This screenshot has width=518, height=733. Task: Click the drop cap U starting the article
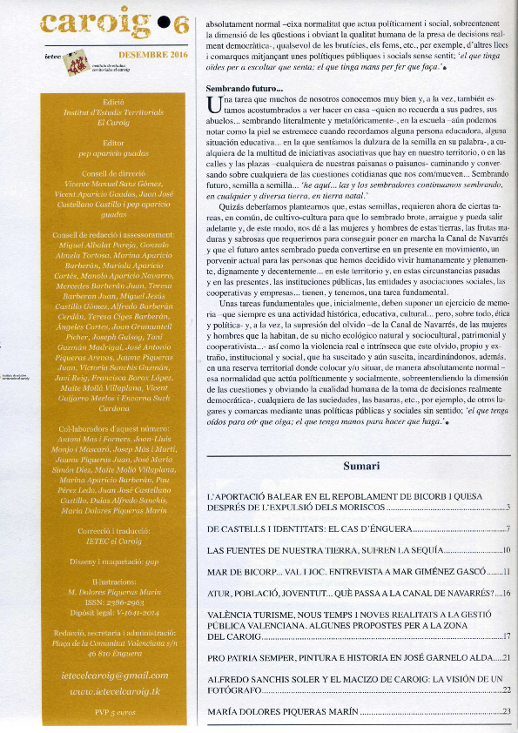[x=213, y=106]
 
